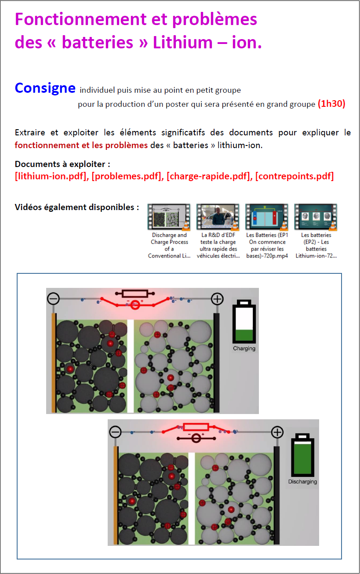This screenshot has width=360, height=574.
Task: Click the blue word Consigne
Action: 45,88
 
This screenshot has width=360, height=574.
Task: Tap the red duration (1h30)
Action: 331,104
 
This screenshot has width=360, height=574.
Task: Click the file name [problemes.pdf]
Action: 125,176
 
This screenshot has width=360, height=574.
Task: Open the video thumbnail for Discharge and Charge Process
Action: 169,217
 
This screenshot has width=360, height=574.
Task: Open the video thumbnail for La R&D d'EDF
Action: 218,217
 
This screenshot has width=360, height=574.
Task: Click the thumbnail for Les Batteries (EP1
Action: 267,217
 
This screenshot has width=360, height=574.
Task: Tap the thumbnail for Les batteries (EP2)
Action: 316,217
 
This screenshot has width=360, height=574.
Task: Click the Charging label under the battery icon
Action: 244,349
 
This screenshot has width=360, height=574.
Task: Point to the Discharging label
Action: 302,482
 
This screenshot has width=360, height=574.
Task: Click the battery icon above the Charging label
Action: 244,322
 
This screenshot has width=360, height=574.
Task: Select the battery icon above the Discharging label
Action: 302,455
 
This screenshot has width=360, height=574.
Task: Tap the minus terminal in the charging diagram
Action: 53,299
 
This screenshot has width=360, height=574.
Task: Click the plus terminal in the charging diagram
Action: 217,299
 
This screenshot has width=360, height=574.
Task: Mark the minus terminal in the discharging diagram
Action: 115,432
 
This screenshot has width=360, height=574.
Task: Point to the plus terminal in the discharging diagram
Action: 277,432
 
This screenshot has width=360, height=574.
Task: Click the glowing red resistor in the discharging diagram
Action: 196,427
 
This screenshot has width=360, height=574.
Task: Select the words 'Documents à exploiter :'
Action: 62,164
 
